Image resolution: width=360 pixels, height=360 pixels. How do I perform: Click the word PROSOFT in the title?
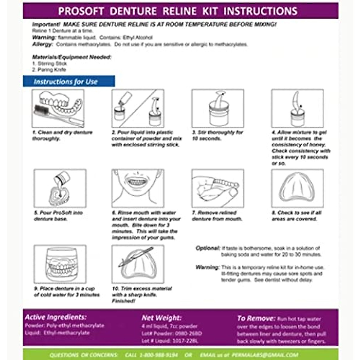point(81,11)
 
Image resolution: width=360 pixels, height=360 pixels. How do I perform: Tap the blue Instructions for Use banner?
point(69,82)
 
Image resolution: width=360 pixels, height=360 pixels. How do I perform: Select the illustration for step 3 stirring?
point(218,108)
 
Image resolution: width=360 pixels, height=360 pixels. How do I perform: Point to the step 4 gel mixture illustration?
point(297,108)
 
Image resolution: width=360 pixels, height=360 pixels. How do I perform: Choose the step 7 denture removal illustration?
point(218,188)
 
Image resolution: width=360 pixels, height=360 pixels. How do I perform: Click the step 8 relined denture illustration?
point(297,188)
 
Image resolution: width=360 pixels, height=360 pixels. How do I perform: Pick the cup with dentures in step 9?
point(60,264)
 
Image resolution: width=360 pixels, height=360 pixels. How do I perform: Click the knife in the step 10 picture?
point(136,256)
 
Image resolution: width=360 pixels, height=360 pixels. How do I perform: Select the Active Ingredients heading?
point(56,317)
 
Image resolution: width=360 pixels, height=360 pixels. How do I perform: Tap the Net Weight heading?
point(161,318)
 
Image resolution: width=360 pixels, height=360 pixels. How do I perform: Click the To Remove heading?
point(256,318)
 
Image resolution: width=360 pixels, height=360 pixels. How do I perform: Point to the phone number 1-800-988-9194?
point(159,355)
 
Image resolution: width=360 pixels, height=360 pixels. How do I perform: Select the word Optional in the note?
point(208,248)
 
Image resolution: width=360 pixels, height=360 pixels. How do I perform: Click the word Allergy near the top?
point(42,44)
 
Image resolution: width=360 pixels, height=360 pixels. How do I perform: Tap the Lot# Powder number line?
point(171,333)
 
